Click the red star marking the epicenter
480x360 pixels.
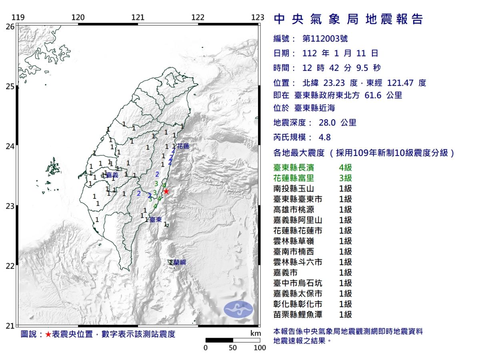[x=166, y=191]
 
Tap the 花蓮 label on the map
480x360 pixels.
[x=183, y=146]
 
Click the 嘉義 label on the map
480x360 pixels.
[x=112, y=175]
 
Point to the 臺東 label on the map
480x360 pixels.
[x=156, y=220]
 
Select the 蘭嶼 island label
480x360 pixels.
[x=180, y=262]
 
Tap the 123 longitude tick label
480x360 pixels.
[x=258, y=17]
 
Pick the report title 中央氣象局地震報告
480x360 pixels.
[x=348, y=19]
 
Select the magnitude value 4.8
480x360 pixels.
[x=324, y=137]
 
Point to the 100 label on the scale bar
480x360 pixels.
[x=260, y=348]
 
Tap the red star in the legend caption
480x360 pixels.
[x=48, y=334]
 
